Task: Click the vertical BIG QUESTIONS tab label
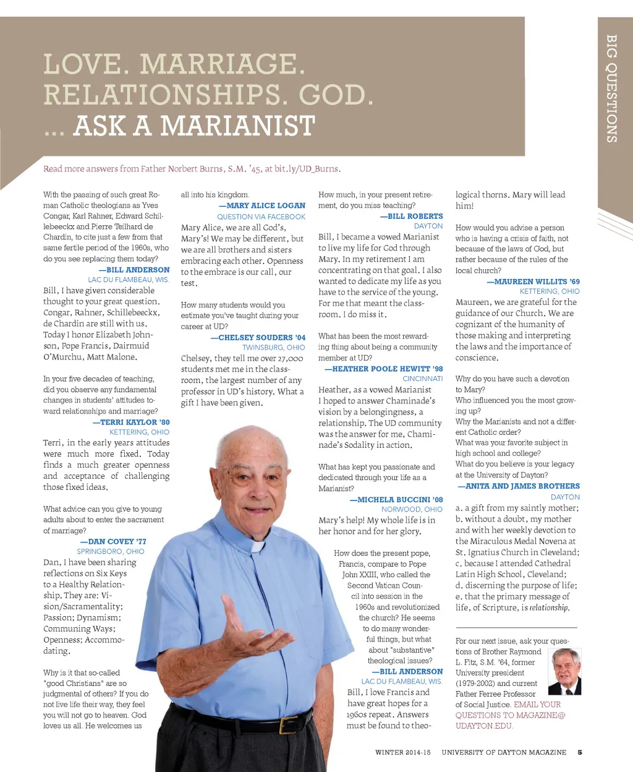(x=611, y=88)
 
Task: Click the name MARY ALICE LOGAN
(x=262, y=205)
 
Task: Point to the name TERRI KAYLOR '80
(x=131, y=422)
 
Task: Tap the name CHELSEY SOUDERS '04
(x=258, y=337)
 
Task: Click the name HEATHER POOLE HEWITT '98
(x=384, y=369)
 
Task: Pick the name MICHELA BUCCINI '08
(x=396, y=499)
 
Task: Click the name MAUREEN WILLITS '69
(x=533, y=281)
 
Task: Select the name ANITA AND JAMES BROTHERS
(x=519, y=486)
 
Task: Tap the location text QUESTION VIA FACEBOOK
(x=261, y=217)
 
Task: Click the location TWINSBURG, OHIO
(x=273, y=348)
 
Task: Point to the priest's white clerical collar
(x=258, y=547)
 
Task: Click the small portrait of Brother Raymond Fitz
(x=565, y=671)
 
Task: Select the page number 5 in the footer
(x=580, y=752)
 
